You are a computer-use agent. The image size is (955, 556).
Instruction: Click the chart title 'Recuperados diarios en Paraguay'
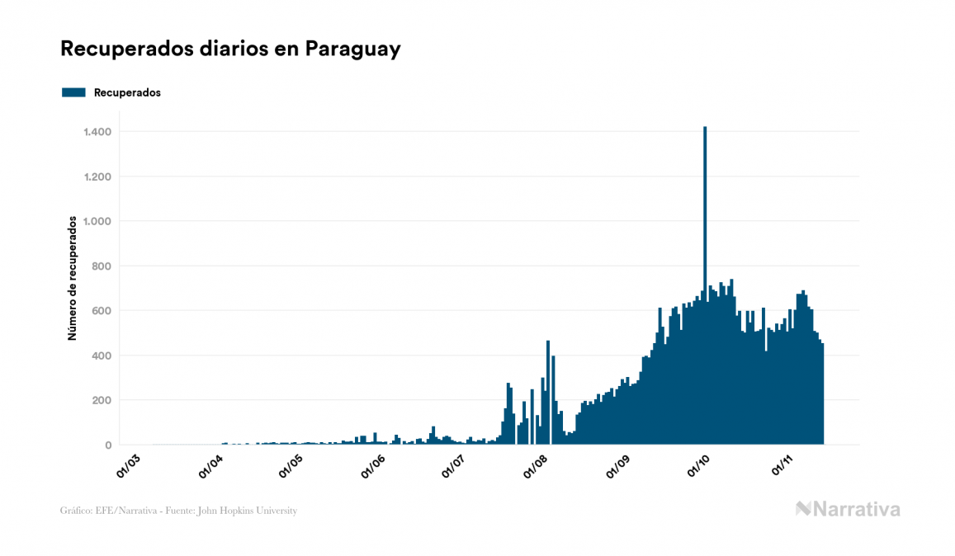tap(230, 49)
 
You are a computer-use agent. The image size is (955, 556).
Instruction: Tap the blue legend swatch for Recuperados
tap(73, 92)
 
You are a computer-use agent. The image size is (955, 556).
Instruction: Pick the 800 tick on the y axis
tap(102, 266)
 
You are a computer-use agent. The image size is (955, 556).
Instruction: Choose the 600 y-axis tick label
tap(102, 311)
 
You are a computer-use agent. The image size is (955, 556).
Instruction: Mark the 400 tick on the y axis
tap(102, 356)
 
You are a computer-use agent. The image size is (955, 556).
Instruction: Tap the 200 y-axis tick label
tap(102, 400)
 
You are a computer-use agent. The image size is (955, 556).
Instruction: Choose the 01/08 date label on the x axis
tap(537, 464)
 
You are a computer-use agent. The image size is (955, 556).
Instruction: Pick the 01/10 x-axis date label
tap(700, 464)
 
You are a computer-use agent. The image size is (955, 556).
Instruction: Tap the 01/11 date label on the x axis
tap(782, 464)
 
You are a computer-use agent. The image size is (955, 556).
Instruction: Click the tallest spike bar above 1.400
tap(705, 247)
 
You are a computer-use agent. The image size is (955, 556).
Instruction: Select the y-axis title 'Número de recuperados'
tap(73, 278)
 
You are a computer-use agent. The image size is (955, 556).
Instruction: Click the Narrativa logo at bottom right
tap(848, 509)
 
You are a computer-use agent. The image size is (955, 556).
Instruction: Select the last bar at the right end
tap(822, 396)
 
